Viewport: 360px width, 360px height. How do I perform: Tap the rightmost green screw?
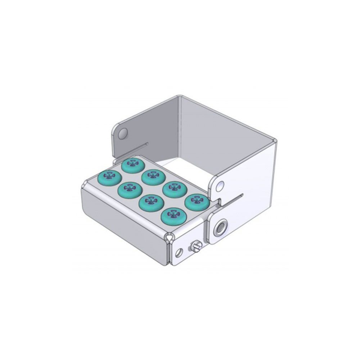click(x=197, y=202)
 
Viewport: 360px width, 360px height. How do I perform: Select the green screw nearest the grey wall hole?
click(x=133, y=165)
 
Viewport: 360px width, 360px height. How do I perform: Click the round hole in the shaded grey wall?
click(x=123, y=132)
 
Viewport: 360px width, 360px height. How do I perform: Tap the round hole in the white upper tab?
click(x=220, y=186)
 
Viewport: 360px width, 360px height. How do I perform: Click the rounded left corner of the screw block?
click(x=84, y=187)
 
